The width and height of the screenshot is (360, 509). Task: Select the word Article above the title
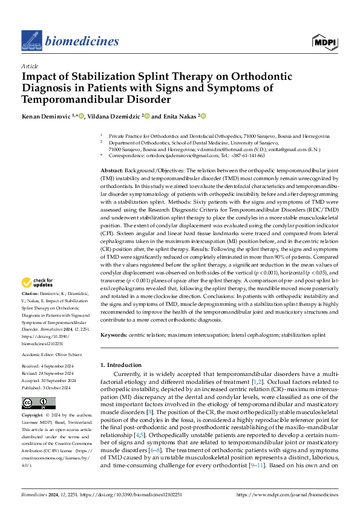tap(30, 66)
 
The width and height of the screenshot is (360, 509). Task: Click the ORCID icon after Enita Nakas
tap(203, 115)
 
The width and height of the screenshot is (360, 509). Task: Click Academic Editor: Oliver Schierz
tap(53, 355)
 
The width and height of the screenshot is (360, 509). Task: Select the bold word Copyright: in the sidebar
tap(32, 416)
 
